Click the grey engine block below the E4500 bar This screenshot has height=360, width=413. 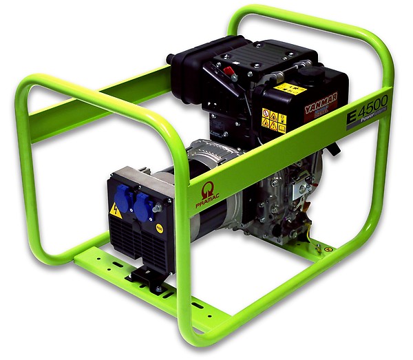pos(289,193)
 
